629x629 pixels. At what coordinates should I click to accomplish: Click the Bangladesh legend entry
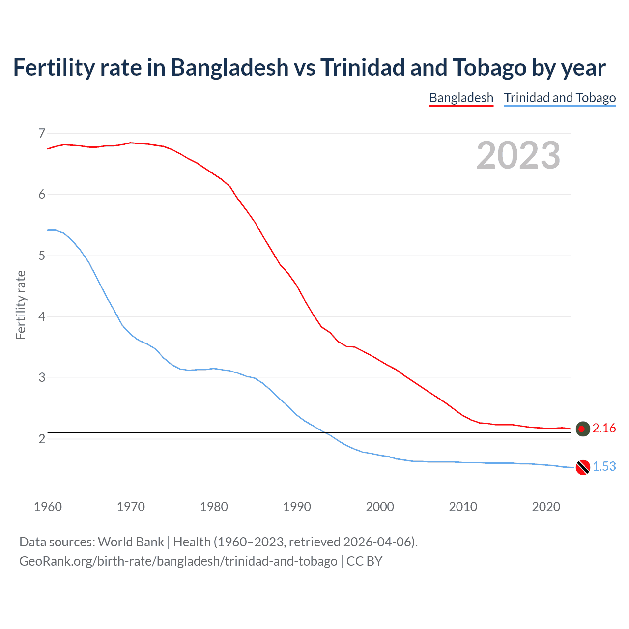[x=461, y=98]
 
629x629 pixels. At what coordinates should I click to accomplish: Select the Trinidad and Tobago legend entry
[x=560, y=98]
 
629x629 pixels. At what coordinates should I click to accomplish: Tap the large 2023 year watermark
[x=518, y=155]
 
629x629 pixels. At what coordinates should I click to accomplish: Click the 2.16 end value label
[x=604, y=429]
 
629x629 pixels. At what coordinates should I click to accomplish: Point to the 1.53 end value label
[x=604, y=467]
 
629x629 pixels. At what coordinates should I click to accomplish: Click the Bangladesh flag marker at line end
[x=583, y=429]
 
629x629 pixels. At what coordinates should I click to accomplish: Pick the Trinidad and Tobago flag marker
[x=583, y=467]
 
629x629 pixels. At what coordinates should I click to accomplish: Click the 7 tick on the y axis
[x=42, y=133]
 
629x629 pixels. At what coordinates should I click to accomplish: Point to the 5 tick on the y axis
[x=42, y=256]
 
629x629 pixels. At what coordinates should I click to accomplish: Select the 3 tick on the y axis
[x=42, y=378]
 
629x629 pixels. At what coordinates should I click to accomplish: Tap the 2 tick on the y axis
[x=42, y=439]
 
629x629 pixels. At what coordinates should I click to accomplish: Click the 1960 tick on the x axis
[x=48, y=507]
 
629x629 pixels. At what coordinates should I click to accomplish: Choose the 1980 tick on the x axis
[x=214, y=507]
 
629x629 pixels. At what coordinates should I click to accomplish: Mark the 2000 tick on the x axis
[x=380, y=507]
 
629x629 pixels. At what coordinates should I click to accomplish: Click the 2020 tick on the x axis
[x=546, y=507]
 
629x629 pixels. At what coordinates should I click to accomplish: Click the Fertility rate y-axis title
[x=21, y=305]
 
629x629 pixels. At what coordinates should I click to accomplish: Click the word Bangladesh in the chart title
[x=229, y=68]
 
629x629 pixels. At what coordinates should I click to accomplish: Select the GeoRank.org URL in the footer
[x=178, y=561]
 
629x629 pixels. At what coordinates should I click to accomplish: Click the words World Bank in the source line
[x=131, y=542]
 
